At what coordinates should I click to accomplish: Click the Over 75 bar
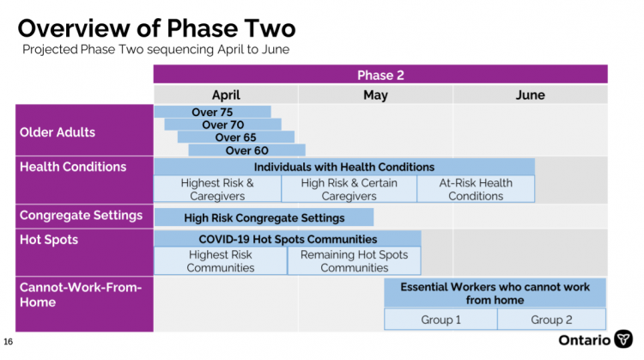[x=212, y=112]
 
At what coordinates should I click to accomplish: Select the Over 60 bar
[x=246, y=150]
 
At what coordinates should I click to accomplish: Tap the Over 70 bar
[x=223, y=125]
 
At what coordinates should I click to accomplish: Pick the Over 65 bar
[x=236, y=137]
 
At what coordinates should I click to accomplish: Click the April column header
[x=226, y=95]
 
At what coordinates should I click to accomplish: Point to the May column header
[x=375, y=95]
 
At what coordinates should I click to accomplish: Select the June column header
[x=531, y=95]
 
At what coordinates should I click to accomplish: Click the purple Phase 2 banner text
[x=380, y=76]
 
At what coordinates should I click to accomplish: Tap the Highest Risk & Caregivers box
[x=217, y=189]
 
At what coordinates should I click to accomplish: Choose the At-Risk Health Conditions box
[x=476, y=189]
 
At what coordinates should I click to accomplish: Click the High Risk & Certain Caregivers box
[x=349, y=189]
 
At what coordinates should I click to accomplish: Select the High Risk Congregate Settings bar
[x=264, y=217]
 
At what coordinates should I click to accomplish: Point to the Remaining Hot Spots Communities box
[x=354, y=261]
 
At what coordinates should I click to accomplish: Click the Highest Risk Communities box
[x=221, y=261]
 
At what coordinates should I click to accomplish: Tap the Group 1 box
[x=440, y=320]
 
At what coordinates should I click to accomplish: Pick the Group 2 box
[x=551, y=320]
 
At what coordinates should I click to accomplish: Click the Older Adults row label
[x=58, y=132]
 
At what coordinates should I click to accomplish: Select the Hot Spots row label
[x=49, y=240]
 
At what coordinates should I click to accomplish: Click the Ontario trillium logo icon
[x=623, y=339]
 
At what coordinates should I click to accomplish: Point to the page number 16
[x=9, y=341]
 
